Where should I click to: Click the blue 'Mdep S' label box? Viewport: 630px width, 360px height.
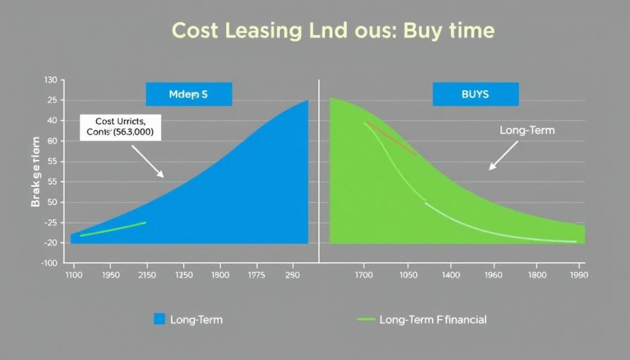pyautogui.click(x=189, y=95)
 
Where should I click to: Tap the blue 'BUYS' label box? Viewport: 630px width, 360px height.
pyautogui.click(x=475, y=95)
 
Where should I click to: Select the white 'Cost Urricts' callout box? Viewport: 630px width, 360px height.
pyautogui.click(x=121, y=127)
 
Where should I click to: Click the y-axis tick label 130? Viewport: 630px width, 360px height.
pyautogui.click(x=50, y=81)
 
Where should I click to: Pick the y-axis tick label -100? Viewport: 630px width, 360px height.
pyautogui.click(x=49, y=263)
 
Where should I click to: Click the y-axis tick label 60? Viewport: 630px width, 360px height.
pyautogui.click(x=52, y=142)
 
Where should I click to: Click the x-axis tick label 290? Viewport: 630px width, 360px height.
pyautogui.click(x=292, y=276)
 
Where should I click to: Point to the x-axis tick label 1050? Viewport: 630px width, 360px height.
pyautogui.click(x=405, y=276)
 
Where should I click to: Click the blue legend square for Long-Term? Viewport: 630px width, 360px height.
pyautogui.click(x=159, y=319)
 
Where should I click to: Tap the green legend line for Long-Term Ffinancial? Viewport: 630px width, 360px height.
pyautogui.click(x=366, y=319)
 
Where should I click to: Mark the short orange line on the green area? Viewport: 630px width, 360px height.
pyautogui.click(x=392, y=138)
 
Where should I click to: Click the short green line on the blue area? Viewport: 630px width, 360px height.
pyautogui.click(x=113, y=228)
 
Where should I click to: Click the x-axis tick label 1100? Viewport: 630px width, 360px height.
pyautogui.click(x=73, y=276)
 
